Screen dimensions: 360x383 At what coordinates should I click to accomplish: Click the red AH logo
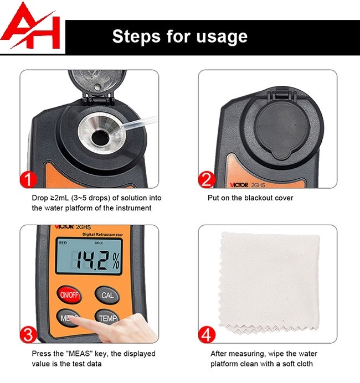pos(31,27)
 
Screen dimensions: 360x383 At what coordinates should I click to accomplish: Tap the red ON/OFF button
pos(69,295)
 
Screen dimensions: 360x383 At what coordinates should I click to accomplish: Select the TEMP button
pos(107,318)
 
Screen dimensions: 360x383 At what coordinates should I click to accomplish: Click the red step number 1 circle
pos(29,179)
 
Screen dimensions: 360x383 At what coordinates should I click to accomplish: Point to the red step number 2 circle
pos(207,179)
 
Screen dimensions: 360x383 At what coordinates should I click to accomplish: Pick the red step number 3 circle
pos(28,335)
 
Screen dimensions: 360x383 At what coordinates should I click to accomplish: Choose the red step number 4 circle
pos(207,335)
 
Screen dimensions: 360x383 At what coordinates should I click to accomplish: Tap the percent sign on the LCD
pos(116,260)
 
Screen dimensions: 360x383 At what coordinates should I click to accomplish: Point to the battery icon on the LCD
pos(63,243)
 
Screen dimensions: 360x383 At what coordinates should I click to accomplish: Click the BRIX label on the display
pos(99,243)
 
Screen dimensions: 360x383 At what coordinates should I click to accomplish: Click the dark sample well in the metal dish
pos(100,137)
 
